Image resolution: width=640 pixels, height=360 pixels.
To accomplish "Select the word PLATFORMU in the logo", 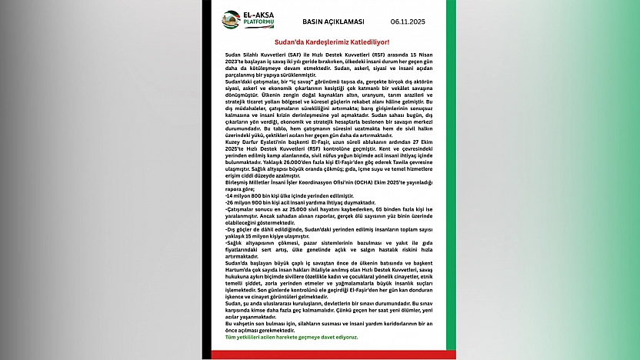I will point(258,23).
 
